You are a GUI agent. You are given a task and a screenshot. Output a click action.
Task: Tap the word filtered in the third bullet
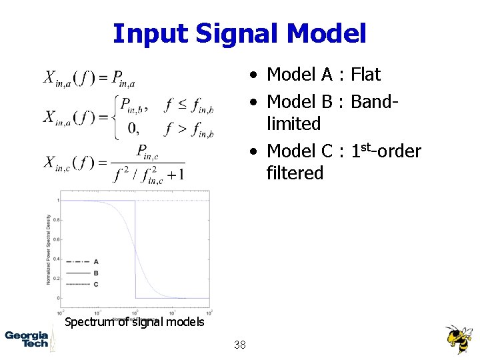click(x=295, y=173)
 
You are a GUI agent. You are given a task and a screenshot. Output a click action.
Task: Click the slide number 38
click(x=240, y=345)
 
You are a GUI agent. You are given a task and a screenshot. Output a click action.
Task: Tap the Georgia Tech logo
click(x=27, y=338)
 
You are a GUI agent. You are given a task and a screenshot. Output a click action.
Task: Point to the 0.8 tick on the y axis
click(x=57, y=219)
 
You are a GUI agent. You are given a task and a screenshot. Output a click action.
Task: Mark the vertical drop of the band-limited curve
click(x=135, y=250)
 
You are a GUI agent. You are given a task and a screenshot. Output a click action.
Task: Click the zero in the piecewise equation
click(x=133, y=127)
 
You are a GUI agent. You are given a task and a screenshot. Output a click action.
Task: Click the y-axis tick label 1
click(x=58, y=200)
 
